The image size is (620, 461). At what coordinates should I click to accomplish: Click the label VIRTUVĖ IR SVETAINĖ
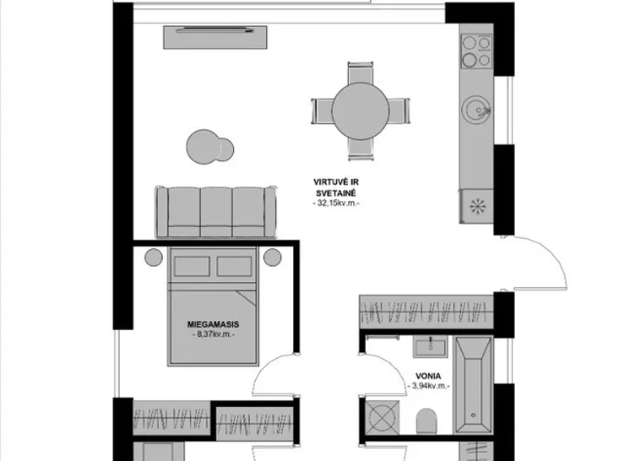[337, 187]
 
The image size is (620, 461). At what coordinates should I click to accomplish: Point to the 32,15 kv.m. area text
[337, 204]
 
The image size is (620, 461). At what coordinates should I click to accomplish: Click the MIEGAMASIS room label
[214, 324]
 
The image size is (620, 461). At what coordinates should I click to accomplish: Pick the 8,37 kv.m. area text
[214, 335]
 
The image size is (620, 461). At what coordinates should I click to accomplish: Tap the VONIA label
[428, 375]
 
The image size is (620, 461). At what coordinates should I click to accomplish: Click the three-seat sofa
[215, 211]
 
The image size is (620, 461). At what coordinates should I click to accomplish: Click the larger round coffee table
[203, 145]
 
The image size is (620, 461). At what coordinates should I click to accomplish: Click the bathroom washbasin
[430, 344]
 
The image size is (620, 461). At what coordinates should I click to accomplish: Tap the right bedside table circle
[273, 257]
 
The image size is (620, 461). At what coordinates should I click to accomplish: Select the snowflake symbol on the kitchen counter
[477, 206]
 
